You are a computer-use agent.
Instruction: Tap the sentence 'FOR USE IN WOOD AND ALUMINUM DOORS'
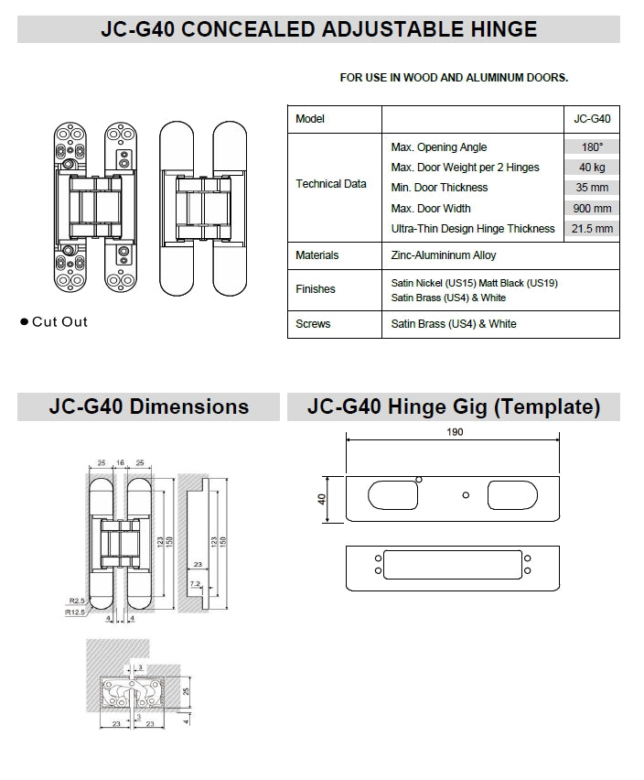coord(454,78)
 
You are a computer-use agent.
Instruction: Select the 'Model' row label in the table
coord(310,119)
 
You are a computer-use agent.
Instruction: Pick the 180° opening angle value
coord(592,147)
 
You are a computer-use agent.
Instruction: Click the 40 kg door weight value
coord(592,168)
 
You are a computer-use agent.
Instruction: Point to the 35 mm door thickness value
coord(592,188)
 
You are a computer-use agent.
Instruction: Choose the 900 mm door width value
coord(592,209)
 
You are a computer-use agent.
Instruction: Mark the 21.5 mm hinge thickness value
coord(592,229)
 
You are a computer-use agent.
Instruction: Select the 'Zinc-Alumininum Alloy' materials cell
coord(444,255)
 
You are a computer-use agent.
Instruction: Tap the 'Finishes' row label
coord(316,289)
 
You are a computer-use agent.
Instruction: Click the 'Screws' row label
coord(313,324)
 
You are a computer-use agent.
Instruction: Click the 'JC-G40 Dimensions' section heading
coord(148,406)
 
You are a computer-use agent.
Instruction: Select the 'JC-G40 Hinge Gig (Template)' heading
coord(454,406)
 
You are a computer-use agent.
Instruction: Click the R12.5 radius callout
coord(77,612)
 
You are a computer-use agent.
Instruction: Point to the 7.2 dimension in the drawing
coord(195,582)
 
